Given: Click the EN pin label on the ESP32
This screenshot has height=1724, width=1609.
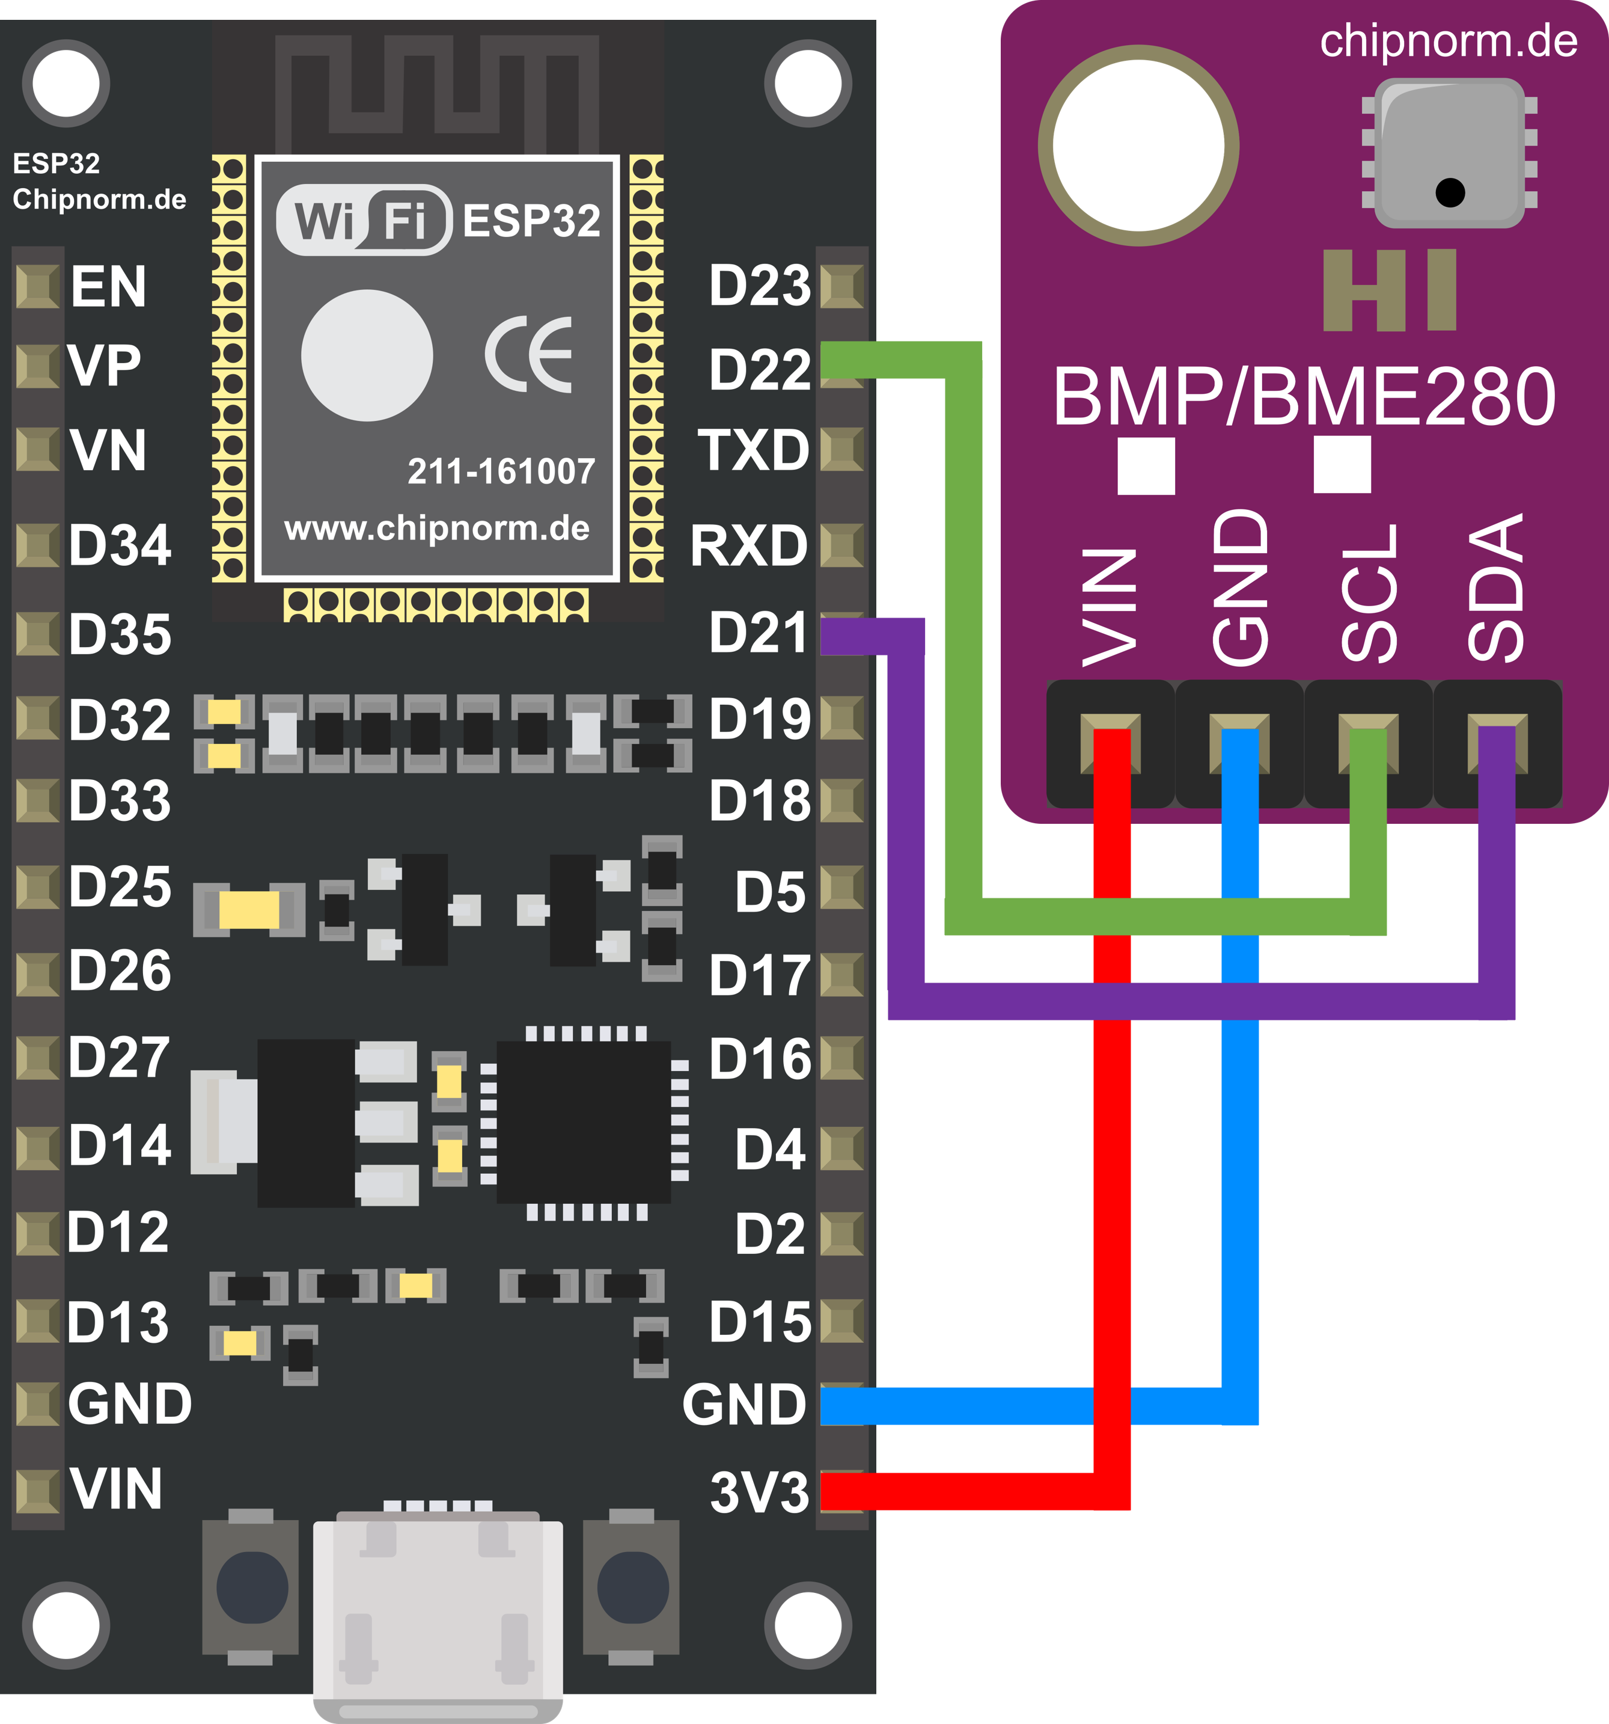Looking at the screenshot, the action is pyautogui.click(x=108, y=286).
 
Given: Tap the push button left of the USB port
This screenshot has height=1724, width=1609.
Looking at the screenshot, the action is pyautogui.click(x=251, y=1586).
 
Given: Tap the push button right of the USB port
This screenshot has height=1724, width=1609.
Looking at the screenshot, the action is pyautogui.click(x=632, y=1586).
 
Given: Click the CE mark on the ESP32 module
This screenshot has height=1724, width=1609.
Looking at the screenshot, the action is pyautogui.click(x=529, y=355).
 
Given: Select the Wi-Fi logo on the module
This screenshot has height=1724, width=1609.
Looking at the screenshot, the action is pyautogui.click(x=364, y=219).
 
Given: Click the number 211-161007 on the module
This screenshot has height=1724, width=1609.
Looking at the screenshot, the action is pyautogui.click(x=501, y=471).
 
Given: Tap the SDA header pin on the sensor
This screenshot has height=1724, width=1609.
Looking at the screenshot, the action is pyautogui.click(x=1497, y=743).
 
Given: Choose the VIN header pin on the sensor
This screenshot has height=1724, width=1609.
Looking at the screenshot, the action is pyautogui.click(x=1111, y=743).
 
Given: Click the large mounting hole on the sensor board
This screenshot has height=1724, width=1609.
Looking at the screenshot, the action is pyautogui.click(x=1138, y=146).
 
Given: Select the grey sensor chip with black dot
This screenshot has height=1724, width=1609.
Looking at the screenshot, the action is pyautogui.click(x=1450, y=153).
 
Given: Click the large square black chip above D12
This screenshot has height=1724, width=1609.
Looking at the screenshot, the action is pyautogui.click(x=584, y=1122).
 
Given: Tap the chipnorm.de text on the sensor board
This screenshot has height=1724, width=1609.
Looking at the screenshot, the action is pyautogui.click(x=1449, y=41).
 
